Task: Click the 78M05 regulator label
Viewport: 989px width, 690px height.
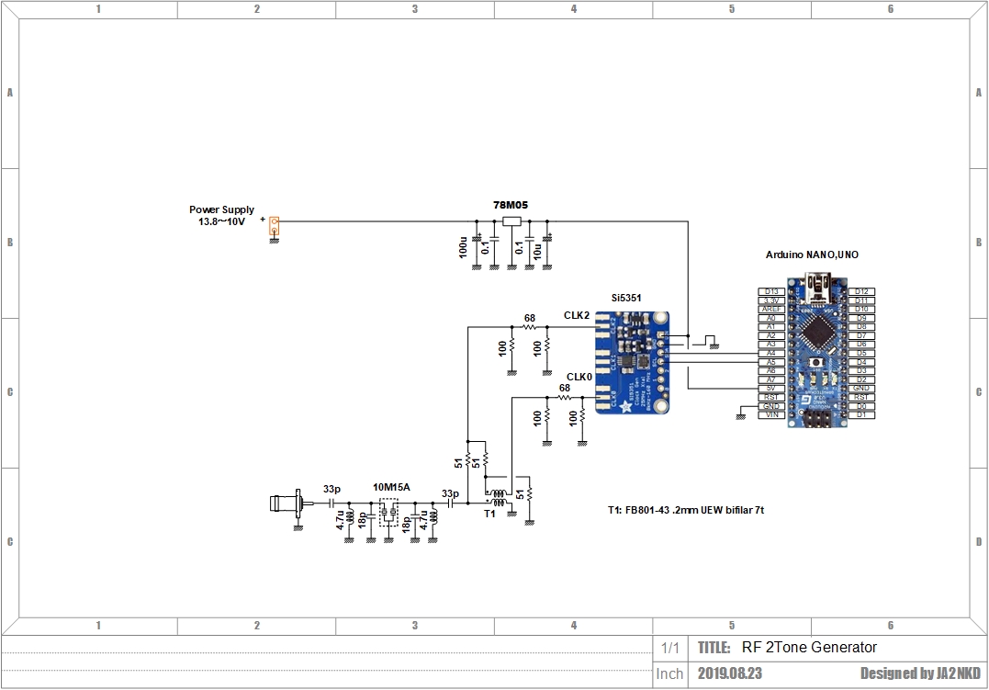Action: (x=511, y=206)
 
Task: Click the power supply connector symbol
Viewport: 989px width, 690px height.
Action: (x=274, y=224)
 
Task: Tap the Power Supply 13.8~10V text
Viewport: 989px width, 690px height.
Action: (x=221, y=216)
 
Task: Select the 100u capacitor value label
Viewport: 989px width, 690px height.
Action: (x=464, y=248)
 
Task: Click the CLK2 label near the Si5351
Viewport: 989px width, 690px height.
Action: (x=577, y=315)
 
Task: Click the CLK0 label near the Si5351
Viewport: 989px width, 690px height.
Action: (x=579, y=377)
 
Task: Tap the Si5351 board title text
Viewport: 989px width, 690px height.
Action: (x=626, y=299)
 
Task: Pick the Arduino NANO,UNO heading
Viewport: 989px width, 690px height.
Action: (x=812, y=255)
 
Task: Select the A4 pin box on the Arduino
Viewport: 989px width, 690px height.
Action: (x=770, y=353)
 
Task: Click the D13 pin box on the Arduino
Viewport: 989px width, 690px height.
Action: (x=770, y=292)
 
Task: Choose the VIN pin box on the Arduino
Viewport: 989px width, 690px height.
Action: (x=770, y=414)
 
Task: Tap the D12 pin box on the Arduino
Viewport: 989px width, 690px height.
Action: (x=860, y=292)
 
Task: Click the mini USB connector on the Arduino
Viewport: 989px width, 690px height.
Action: (x=815, y=295)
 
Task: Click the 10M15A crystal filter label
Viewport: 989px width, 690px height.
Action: (x=391, y=487)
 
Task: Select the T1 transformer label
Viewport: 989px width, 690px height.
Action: (x=489, y=515)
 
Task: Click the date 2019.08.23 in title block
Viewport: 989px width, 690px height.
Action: (x=729, y=673)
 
